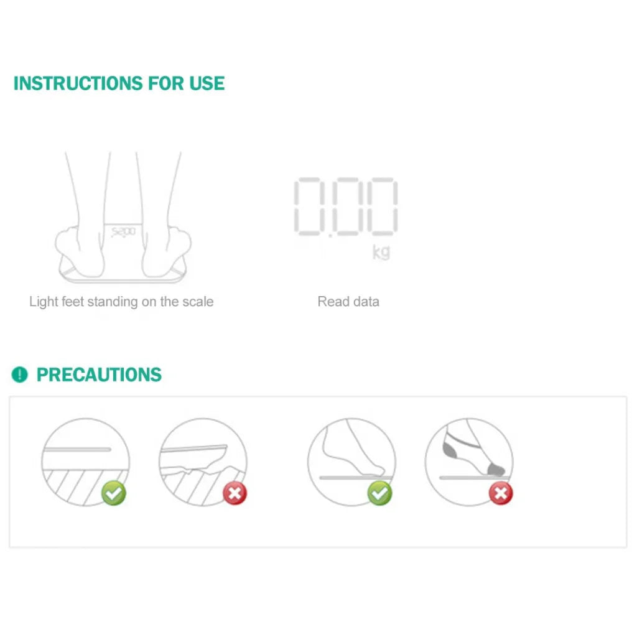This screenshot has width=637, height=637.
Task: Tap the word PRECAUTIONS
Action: (x=99, y=375)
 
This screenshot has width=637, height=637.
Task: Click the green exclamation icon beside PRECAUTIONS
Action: (x=20, y=374)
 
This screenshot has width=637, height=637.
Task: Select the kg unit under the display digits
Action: (x=381, y=252)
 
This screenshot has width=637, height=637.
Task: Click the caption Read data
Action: (x=348, y=302)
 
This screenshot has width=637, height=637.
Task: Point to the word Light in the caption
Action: (x=44, y=302)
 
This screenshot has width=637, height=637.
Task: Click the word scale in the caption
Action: (x=198, y=302)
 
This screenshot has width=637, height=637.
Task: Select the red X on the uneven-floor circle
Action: (x=235, y=493)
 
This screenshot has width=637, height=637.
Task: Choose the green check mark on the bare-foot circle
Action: (x=379, y=493)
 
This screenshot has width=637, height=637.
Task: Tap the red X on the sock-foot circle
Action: (x=501, y=494)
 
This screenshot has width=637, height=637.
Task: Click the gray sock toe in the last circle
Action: (x=496, y=468)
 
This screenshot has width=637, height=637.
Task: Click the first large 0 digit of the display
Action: (x=314, y=207)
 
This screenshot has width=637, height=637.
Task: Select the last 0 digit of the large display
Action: (x=380, y=207)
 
